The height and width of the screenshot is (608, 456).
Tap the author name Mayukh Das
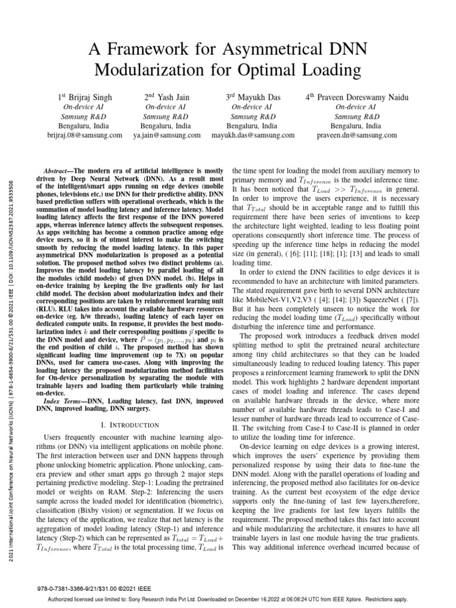(x=258, y=97)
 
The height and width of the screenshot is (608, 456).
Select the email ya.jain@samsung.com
(x=166, y=135)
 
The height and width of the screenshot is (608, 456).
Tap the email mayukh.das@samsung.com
(x=253, y=135)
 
